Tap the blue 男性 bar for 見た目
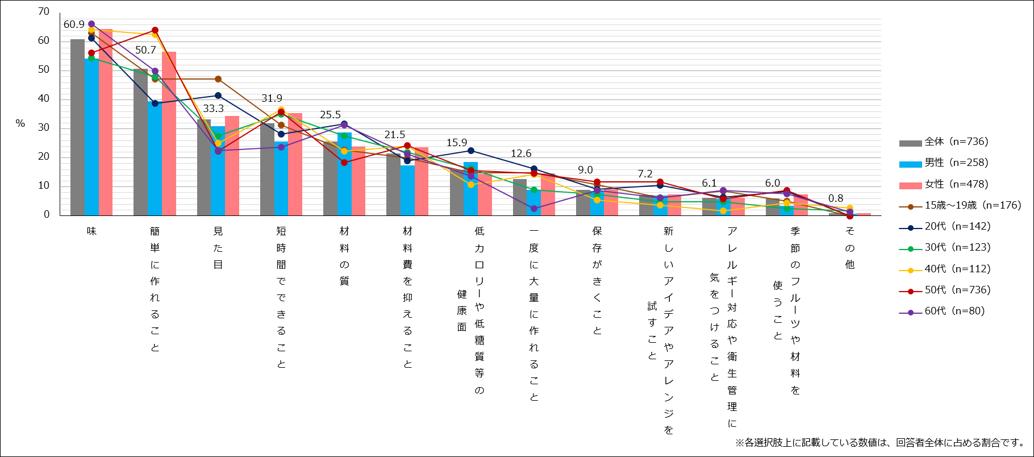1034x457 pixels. tap(218, 171)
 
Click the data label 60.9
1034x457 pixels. tap(74, 24)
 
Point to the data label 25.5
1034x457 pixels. tap(330, 115)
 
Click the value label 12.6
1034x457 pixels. tap(521, 153)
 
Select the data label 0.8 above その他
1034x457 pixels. tap(836, 198)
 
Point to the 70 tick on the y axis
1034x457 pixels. tap(44, 11)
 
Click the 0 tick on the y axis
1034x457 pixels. tap(47, 214)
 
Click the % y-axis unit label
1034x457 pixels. tap(20, 123)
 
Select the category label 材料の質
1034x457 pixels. tap(344, 256)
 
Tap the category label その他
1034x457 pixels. tap(849, 247)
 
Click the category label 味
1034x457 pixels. tap(91, 231)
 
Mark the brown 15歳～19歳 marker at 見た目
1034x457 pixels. tap(218, 79)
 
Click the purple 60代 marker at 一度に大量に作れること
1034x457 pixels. tap(534, 209)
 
